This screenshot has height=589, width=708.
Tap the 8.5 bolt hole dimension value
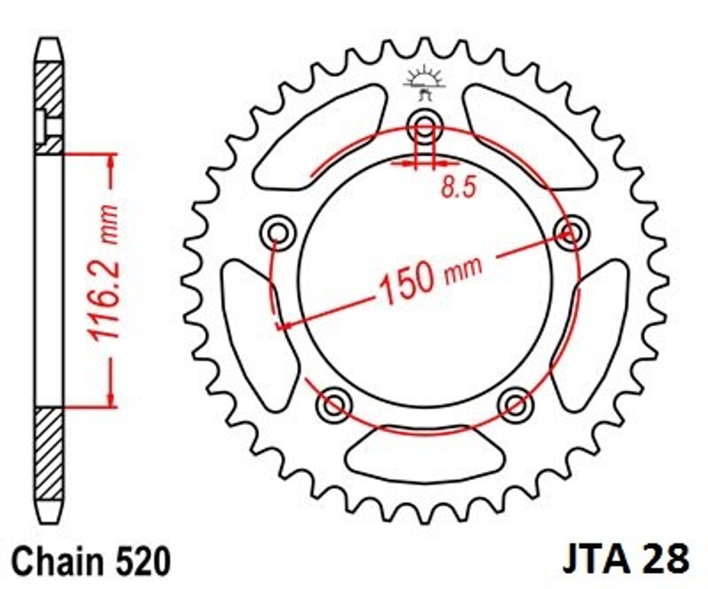point(458,187)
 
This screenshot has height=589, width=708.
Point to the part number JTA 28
point(626,558)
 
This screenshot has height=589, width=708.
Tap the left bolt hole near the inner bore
point(278,233)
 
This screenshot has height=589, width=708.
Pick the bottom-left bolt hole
point(334,405)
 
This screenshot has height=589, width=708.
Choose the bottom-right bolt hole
point(516,405)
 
